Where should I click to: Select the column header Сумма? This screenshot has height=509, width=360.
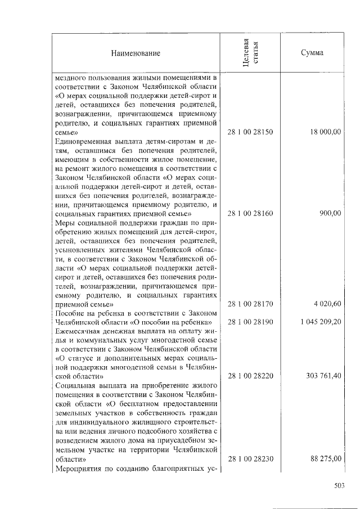pos(312,53)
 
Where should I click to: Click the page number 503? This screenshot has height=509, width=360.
pos(338,486)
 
